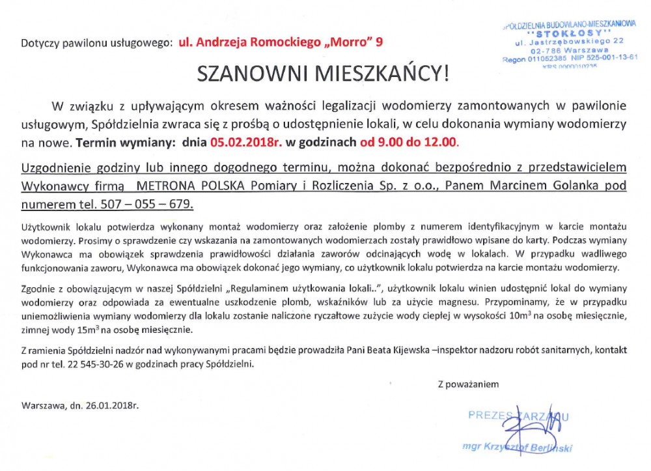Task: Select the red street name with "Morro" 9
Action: (x=281, y=42)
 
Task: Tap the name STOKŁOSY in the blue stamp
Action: (x=570, y=33)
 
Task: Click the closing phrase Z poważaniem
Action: (x=468, y=384)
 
